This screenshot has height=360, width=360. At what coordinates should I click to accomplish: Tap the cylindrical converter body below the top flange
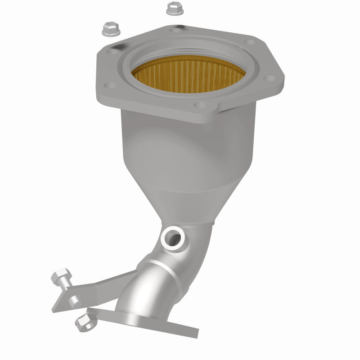point(180,148)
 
